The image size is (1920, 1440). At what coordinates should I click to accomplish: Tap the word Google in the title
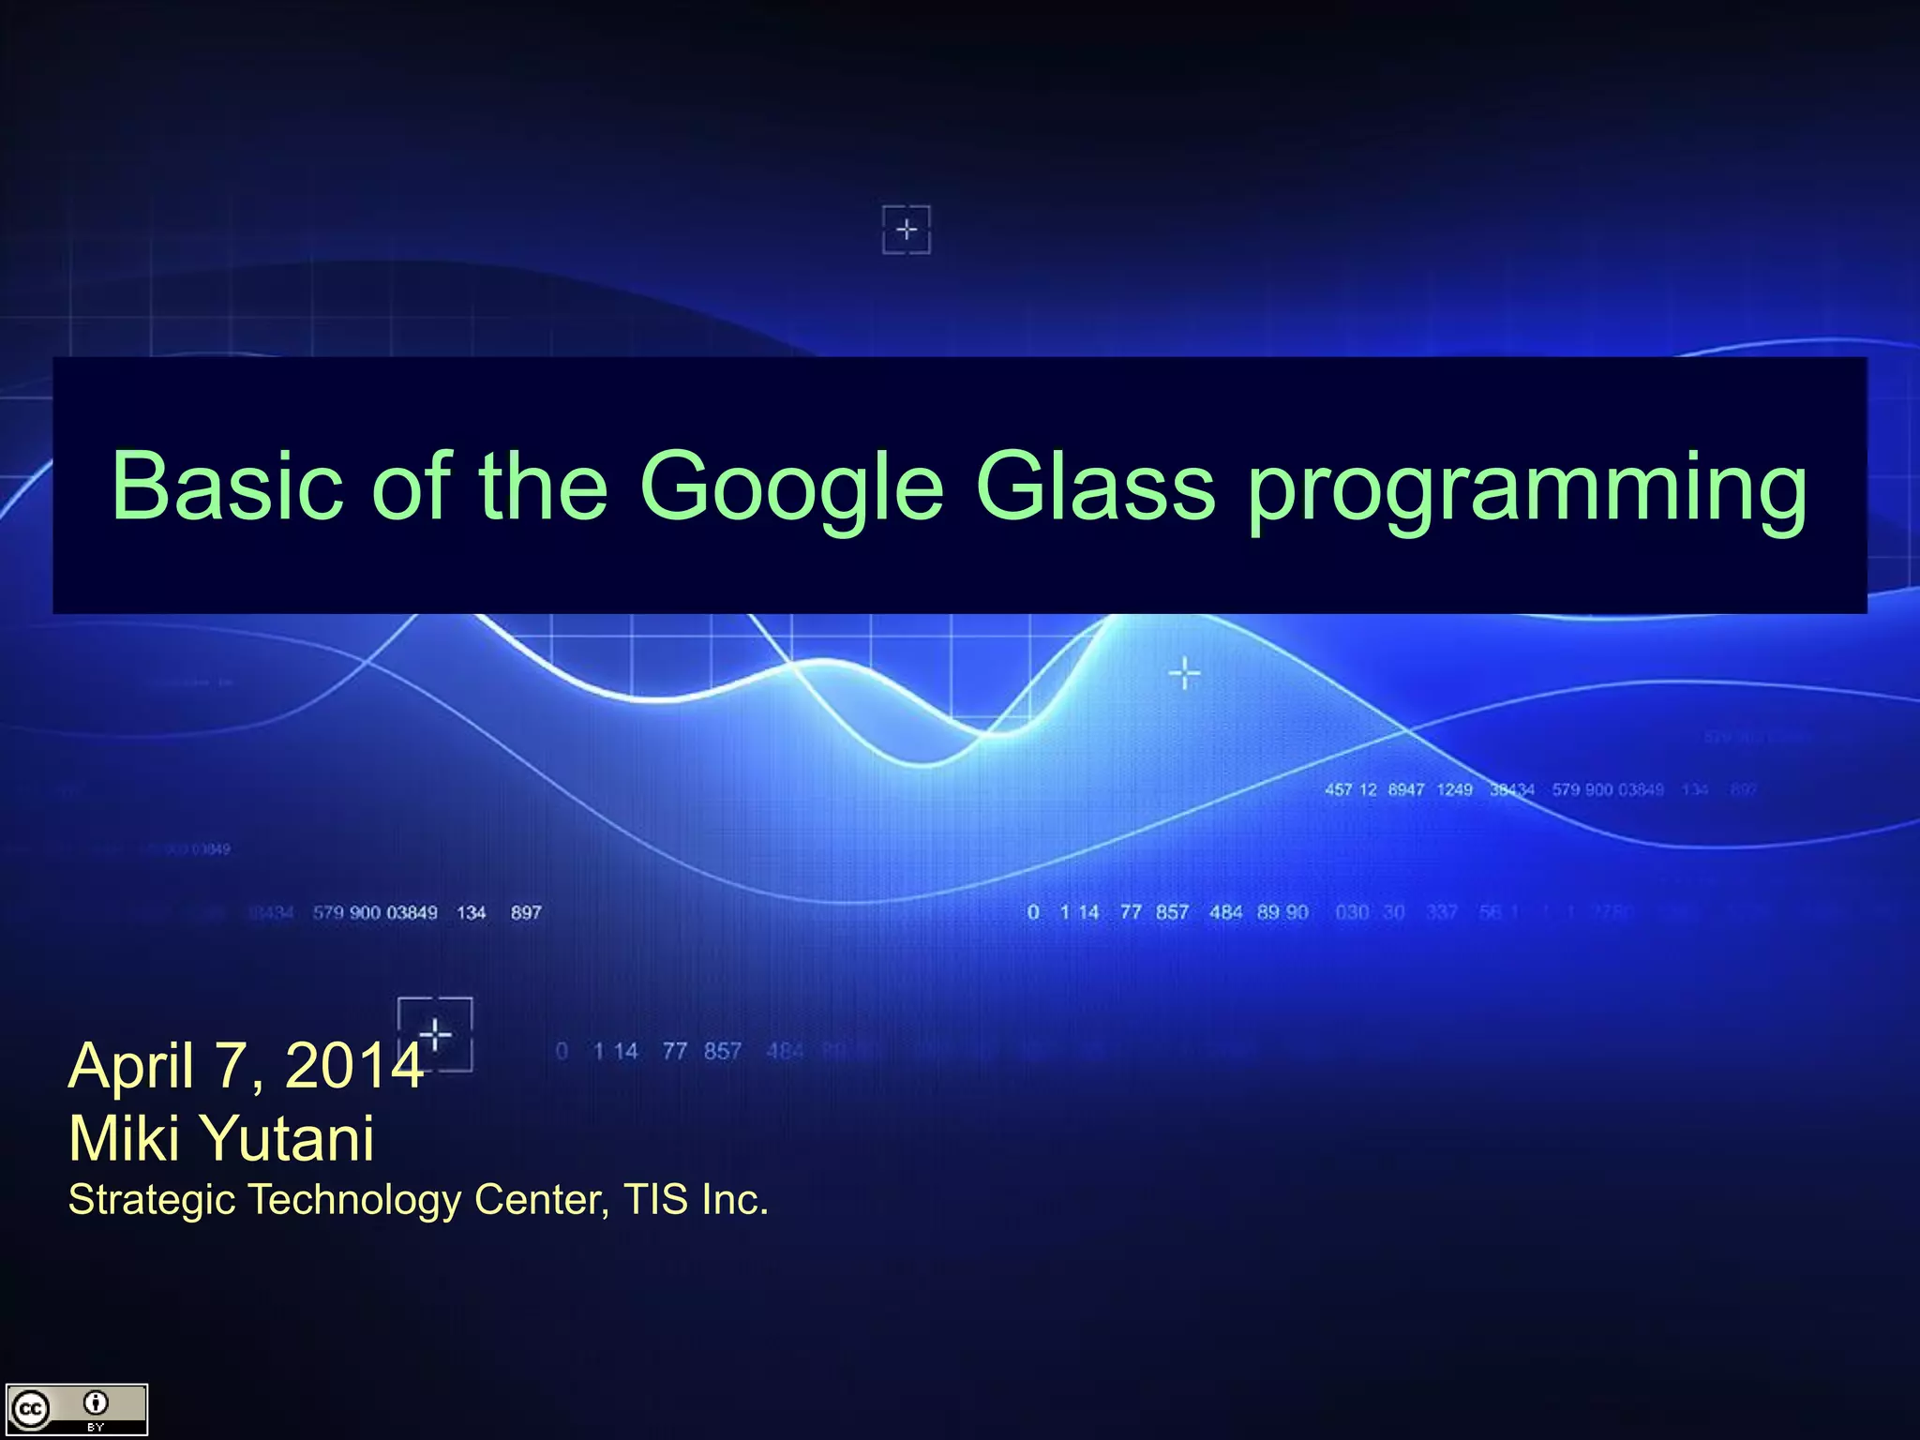[x=790, y=486]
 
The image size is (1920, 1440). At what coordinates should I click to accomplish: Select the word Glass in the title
[x=1095, y=486]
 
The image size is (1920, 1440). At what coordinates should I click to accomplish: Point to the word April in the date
[x=131, y=1067]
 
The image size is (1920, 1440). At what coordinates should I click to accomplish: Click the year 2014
[x=353, y=1065]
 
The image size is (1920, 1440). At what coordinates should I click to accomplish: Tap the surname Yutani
[x=289, y=1138]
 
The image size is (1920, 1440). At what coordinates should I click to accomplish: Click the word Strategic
[x=151, y=1200]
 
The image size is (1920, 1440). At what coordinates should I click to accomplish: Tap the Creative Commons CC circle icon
[x=30, y=1409]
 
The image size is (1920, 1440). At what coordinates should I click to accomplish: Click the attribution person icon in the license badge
[x=96, y=1403]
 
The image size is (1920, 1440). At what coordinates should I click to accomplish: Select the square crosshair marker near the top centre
[x=907, y=230]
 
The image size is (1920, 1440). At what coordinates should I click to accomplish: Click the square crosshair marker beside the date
[x=436, y=1034]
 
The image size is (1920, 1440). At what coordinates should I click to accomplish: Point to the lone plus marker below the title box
[x=1185, y=673]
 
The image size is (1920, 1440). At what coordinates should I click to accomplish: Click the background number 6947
[x=1405, y=789]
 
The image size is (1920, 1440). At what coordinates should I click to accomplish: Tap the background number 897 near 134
[x=526, y=912]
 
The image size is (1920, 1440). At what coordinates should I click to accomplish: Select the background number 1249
[x=1454, y=789]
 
